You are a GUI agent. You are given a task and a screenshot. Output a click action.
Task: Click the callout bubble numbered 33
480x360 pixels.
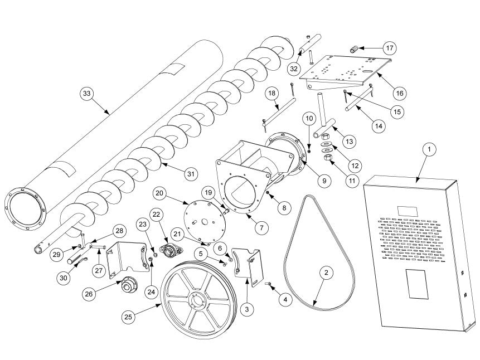(x=86, y=94)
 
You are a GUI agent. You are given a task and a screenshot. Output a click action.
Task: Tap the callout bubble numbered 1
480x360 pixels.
(x=429, y=150)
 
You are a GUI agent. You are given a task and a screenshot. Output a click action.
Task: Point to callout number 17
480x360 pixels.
(x=388, y=47)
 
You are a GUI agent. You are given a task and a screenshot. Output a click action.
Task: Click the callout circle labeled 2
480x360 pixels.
(x=326, y=273)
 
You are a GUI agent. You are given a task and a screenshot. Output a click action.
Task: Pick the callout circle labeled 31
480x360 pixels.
(x=191, y=174)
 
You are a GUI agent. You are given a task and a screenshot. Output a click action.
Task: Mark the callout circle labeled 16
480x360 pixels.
(x=399, y=92)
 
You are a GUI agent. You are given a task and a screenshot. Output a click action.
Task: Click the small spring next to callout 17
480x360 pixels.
(x=353, y=50)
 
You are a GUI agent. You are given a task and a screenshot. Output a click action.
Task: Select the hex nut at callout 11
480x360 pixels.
(x=328, y=158)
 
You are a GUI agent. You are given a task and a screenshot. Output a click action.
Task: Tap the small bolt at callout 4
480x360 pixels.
(x=268, y=284)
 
